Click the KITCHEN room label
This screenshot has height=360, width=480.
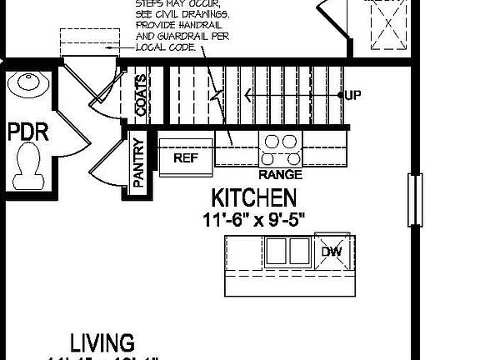pyautogui.click(x=253, y=198)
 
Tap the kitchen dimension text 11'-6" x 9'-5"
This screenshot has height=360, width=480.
pyautogui.click(x=253, y=219)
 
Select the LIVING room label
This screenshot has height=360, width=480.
pyautogui.click(x=102, y=342)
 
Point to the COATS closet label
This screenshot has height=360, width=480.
pyautogui.click(x=141, y=96)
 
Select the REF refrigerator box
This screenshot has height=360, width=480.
pyautogui.click(x=185, y=157)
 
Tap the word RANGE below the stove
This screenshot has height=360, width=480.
pyautogui.click(x=280, y=176)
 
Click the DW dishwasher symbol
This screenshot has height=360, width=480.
pyautogui.click(x=331, y=252)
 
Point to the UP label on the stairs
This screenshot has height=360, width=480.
pyautogui.click(x=352, y=96)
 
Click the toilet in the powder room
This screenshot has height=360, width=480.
pyautogui.click(x=31, y=162)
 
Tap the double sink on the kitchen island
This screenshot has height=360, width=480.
pyautogui.click(x=288, y=251)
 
